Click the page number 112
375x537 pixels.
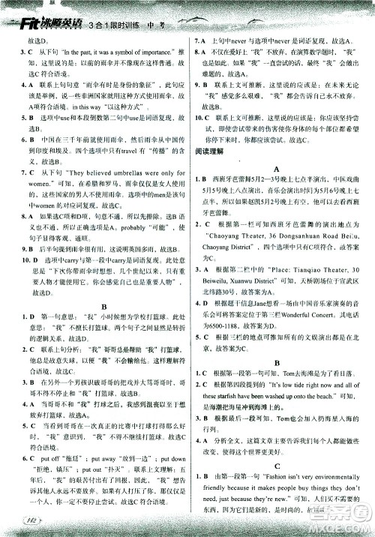30,521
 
